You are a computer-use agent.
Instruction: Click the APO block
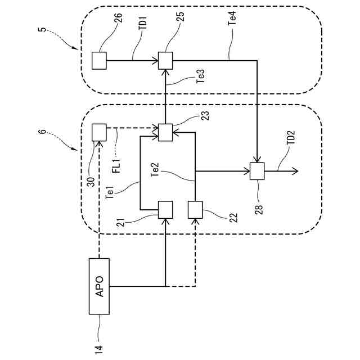100,286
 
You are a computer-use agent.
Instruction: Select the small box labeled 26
99,60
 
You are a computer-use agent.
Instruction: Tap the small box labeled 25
165,60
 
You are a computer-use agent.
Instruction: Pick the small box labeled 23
165,132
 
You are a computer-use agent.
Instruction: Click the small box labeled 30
99,132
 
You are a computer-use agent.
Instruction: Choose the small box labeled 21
165,209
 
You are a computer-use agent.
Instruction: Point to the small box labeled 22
195,209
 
